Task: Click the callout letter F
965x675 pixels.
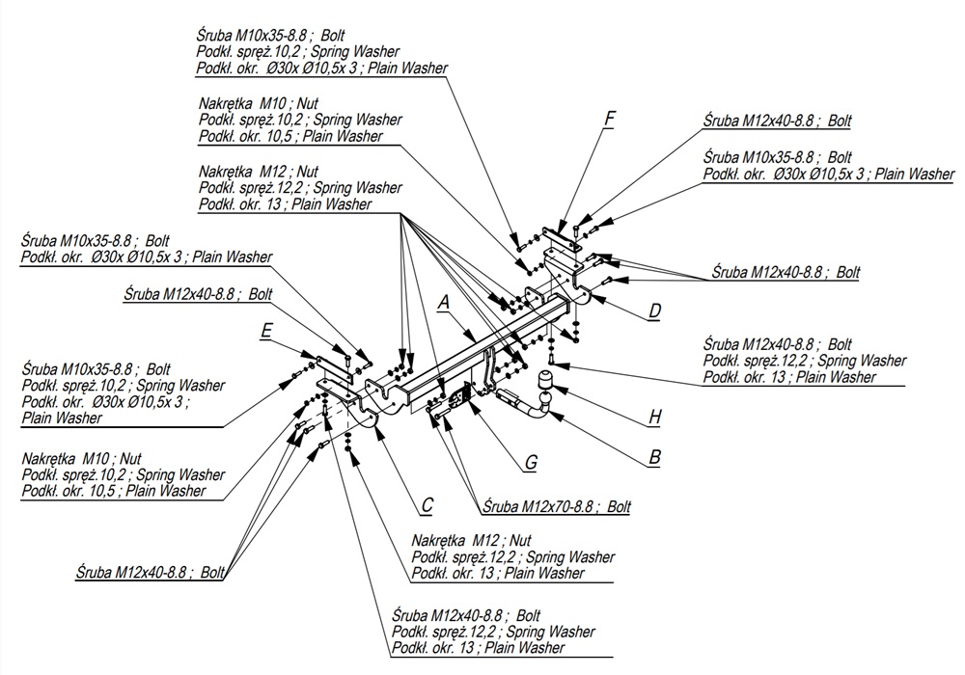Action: tap(609, 120)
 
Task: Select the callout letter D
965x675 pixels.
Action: tap(654, 310)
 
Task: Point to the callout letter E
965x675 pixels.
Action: tap(266, 332)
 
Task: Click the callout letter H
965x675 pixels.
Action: tap(655, 418)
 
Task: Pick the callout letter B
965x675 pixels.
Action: tap(655, 457)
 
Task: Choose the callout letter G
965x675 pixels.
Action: tap(531, 464)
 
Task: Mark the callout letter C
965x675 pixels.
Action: tap(427, 503)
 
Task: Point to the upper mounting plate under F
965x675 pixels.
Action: tap(563, 237)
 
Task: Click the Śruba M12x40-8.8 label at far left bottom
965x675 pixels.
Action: tap(150, 572)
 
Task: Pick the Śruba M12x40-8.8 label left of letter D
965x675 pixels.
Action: tap(784, 273)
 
